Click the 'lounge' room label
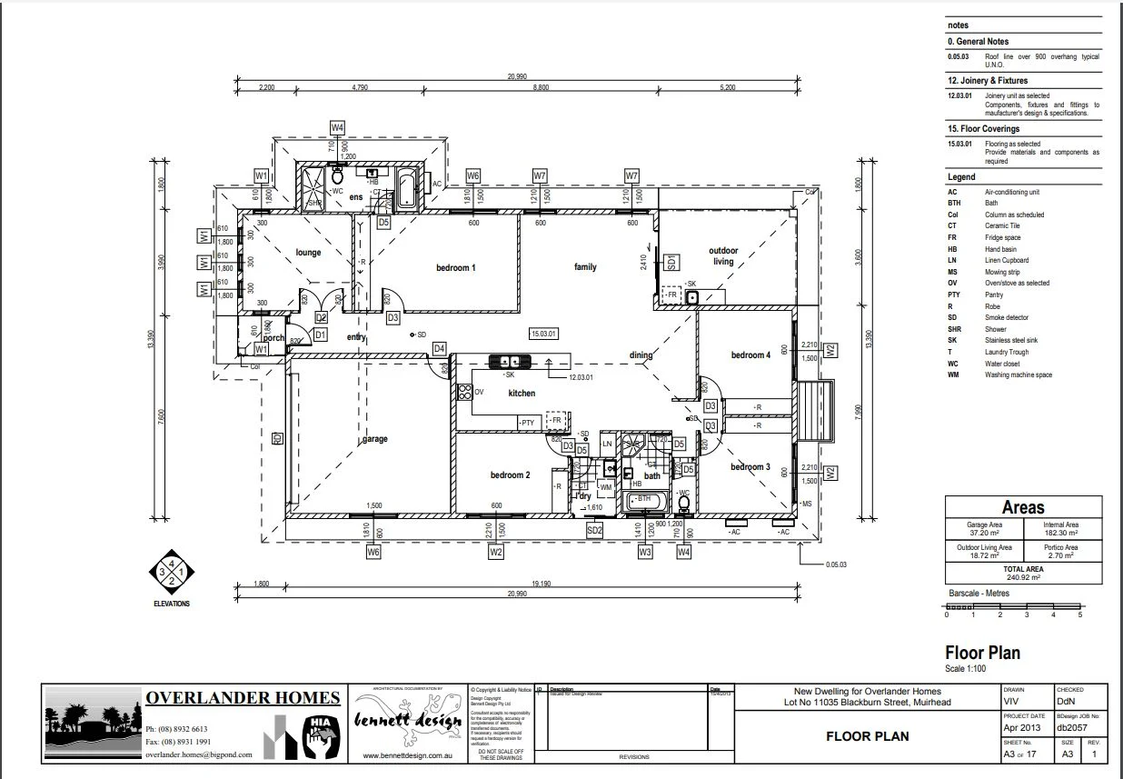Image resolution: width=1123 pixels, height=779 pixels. coord(309,253)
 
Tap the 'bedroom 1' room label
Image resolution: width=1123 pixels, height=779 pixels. coord(456,267)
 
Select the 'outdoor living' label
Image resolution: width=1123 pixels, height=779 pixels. coord(723,255)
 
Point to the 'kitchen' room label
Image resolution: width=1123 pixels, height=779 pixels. coord(522,394)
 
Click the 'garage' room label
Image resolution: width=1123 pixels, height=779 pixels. coord(374,439)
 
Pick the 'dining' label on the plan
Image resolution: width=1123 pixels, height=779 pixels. coord(641,355)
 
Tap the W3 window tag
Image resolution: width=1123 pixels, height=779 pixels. coord(645,552)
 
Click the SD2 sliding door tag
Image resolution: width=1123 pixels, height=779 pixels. coord(595,530)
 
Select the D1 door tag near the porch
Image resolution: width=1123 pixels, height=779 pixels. coord(320,335)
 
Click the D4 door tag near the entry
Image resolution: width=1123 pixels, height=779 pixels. coord(439,348)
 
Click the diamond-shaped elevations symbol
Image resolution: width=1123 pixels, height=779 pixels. coord(172,573)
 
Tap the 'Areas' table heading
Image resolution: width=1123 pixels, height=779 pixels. coord(1023,507)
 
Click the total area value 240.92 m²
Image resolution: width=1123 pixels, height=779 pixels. coord(1023,576)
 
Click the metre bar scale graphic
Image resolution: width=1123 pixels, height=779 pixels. coord(1013,606)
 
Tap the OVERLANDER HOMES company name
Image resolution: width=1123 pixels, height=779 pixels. coord(243,698)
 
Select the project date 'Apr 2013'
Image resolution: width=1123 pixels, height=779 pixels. coord(1018,728)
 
